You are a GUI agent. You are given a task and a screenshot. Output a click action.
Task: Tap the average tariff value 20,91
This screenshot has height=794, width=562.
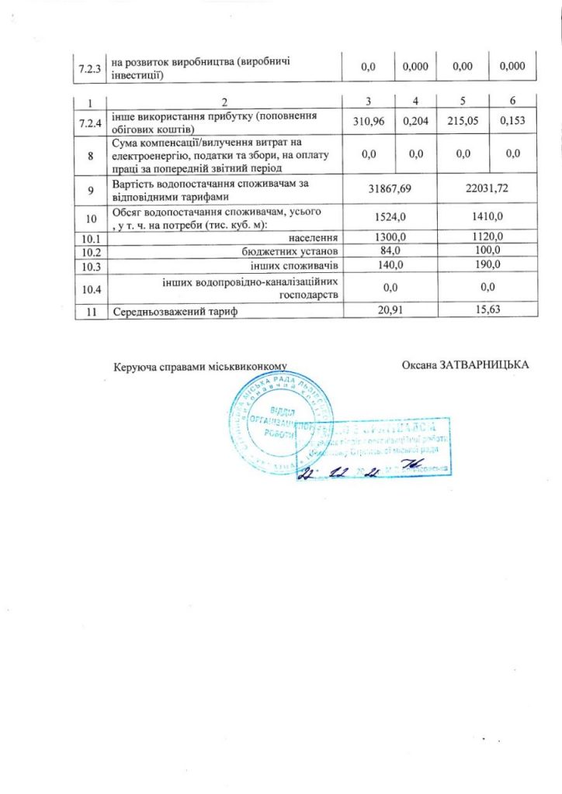click(390, 311)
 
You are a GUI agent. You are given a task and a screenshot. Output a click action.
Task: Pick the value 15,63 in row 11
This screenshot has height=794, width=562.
click(487, 311)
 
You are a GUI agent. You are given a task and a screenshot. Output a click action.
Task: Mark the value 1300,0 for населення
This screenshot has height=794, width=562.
click(390, 236)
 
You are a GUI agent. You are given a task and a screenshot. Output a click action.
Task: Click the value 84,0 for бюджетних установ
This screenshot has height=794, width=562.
click(390, 250)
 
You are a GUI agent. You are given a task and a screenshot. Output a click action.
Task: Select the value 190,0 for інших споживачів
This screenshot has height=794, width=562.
click(487, 265)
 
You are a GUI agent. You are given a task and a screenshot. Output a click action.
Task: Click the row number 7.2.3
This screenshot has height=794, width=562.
click(89, 67)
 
